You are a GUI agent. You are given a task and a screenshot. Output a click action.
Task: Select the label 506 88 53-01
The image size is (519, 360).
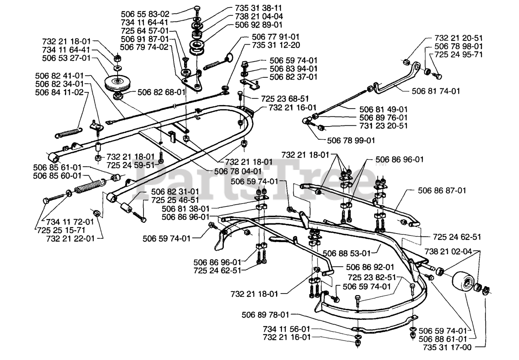point(347,254)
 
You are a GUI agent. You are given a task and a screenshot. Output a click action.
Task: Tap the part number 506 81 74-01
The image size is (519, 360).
point(437,91)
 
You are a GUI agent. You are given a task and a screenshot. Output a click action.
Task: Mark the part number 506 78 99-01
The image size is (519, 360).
point(351,140)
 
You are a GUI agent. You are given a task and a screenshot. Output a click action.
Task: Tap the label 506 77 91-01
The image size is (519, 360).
point(275,36)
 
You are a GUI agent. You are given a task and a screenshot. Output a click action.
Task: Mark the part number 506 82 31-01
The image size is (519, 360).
point(175,191)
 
